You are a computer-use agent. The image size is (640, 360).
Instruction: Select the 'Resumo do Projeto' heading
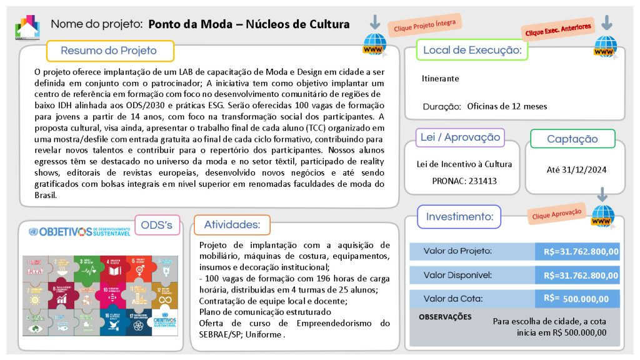pyautogui.click(x=109, y=51)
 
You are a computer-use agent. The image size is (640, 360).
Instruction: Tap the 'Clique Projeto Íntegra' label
pyautogui.click(x=425, y=25)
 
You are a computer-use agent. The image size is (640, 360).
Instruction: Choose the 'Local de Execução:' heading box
pyautogui.click(x=472, y=50)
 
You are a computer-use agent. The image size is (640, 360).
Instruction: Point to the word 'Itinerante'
pyautogui.click(x=441, y=79)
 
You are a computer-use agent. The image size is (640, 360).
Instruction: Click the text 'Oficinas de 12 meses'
pyautogui.click(x=507, y=106)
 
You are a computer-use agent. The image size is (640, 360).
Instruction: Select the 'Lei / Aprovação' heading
pyautogui.click(x=460, y=137)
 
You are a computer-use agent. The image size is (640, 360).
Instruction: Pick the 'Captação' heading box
pyautogui.click(x=572, y=139)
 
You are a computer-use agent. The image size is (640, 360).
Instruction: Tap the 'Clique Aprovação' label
pyautogui.click(x=556, y=213)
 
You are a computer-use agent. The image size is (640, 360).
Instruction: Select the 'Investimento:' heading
pyautogui.click(x=459, y=217)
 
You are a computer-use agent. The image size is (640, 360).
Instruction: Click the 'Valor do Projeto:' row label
pyautogui.click(x=457, y=251)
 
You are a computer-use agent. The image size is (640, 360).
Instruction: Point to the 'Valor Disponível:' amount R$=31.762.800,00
pyautogui.click(x=581, y=275)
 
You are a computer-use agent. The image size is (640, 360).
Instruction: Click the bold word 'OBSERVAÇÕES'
pyautogui.click(x=445, y=317)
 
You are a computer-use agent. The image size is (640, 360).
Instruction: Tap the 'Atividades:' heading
pyautogui.click(x=231, y=224)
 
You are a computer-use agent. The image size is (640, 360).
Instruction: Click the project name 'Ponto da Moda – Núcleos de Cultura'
pyautogui.click(x=249, y=25)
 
